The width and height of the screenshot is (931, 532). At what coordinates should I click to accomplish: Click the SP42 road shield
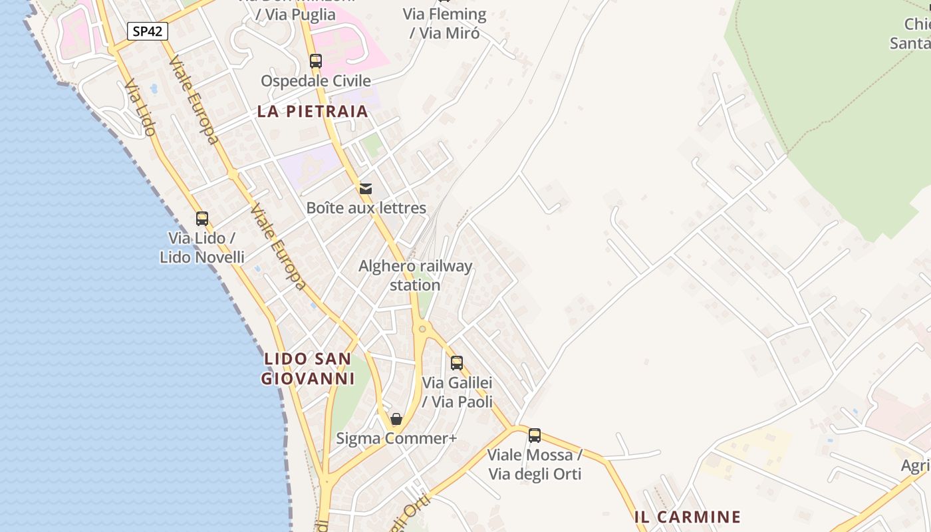148,31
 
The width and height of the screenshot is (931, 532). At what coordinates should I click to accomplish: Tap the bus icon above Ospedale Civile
316,61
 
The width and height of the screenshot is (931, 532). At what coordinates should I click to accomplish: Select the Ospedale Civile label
316,81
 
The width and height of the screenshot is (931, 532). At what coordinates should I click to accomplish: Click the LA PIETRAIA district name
313,111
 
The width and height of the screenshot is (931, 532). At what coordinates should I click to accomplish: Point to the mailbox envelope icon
366,188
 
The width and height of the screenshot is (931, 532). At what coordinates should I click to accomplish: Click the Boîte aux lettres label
366,208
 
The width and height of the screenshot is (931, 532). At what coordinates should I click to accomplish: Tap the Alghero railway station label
416,275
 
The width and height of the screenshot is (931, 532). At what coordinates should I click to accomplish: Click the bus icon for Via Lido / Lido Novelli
202,218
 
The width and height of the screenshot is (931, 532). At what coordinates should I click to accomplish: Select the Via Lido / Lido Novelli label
202,247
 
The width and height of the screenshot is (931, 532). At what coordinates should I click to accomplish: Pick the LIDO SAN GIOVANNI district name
307,368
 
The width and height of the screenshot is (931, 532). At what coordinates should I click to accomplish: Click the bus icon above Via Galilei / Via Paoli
457,362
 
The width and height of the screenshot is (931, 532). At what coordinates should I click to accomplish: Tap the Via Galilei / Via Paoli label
458,392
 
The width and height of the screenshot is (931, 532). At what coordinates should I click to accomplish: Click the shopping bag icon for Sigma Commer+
396,419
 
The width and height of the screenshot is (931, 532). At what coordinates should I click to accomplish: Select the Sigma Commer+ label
396,439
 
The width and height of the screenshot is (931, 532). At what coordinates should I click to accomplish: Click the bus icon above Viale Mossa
535,436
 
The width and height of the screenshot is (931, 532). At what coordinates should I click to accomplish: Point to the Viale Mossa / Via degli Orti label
535,464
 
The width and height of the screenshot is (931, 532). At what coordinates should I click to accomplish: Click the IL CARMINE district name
688,517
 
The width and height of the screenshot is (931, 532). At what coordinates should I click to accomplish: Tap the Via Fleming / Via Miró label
444,23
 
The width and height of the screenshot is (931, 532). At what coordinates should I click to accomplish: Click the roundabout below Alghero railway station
422,329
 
